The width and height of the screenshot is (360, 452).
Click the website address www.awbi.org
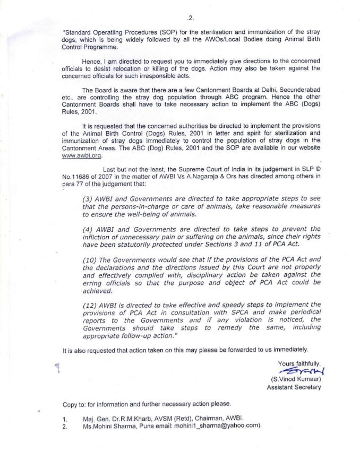pos(81,156)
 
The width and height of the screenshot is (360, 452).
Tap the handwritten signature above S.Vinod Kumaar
pos(300,370)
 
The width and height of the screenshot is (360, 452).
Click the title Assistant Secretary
pos(294,388)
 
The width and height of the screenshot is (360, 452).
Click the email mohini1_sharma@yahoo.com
pos(218,425)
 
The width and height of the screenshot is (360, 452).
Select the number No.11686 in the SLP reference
pos(77,175)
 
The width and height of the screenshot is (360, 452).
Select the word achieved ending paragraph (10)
pos(97,291)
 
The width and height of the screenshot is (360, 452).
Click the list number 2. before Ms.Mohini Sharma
pos(65,425)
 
